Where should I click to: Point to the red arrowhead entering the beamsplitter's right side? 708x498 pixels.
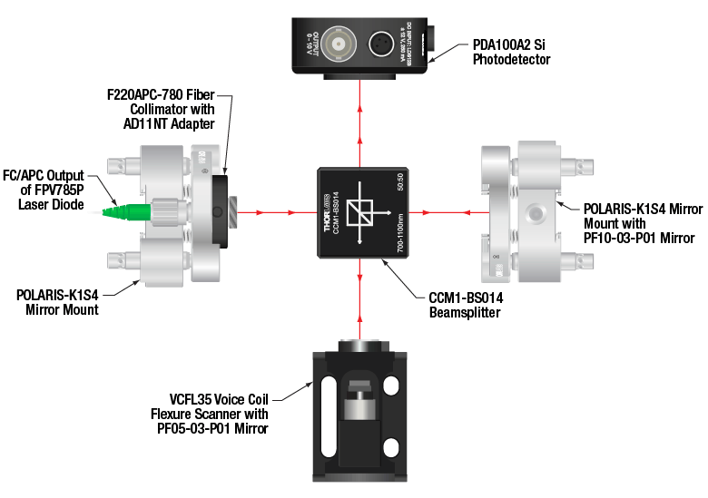(416, 214)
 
